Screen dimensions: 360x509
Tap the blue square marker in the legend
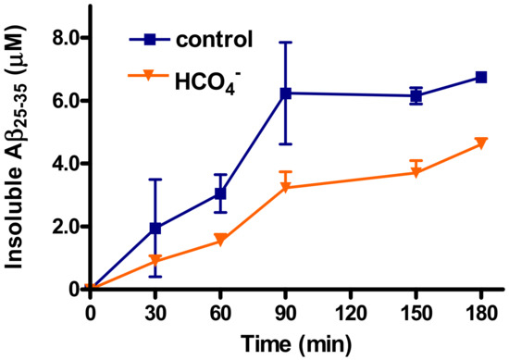coord(149,41)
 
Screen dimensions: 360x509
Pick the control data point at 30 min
coord(155,228)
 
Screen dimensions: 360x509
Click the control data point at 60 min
coord(220,193)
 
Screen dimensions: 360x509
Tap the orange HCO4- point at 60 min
coord(220,241)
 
